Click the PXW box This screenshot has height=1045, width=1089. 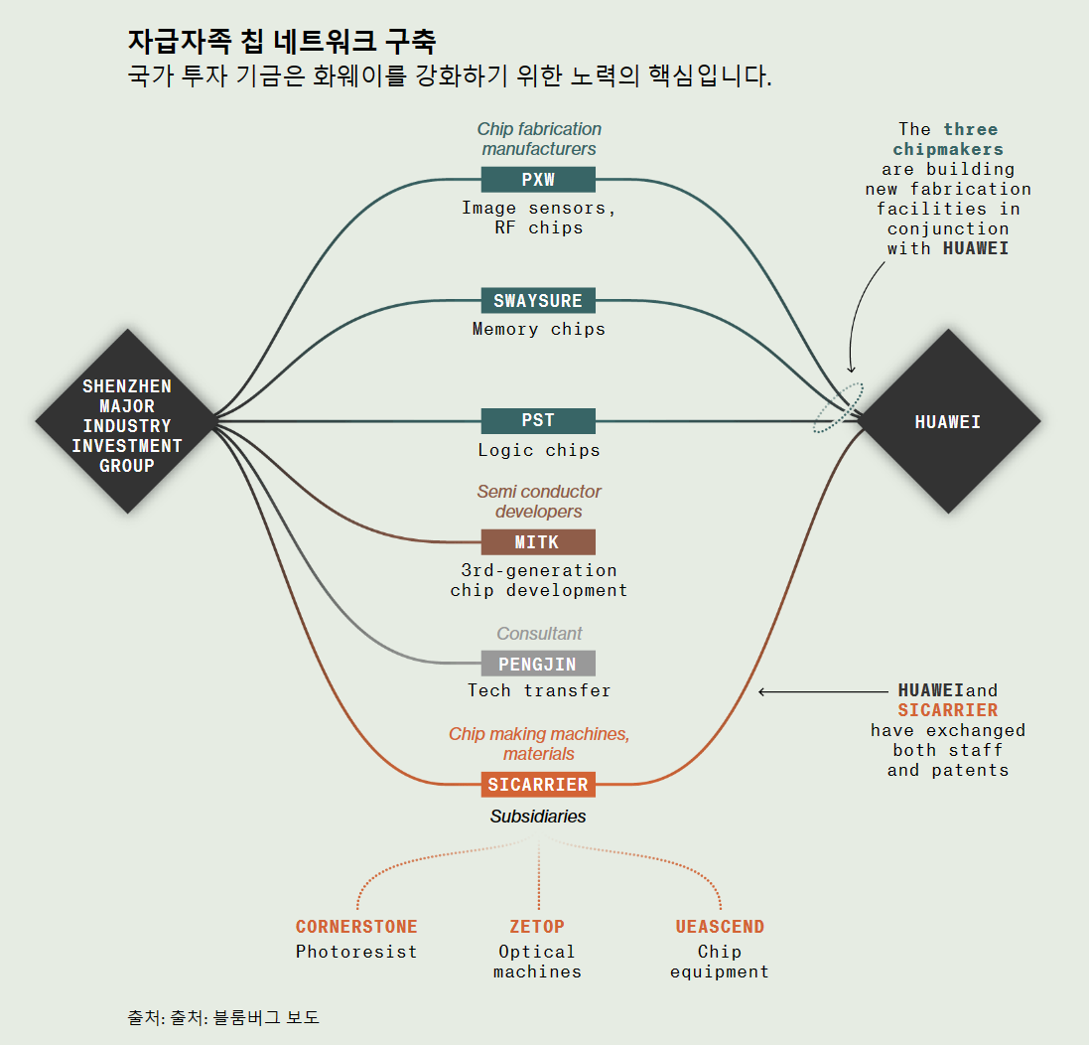click(x=538, y=180)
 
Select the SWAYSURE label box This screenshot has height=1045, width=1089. click(x=538, y=300)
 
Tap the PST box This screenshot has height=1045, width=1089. click(x=538, y=421)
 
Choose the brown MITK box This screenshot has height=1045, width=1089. click(x=538, y=542)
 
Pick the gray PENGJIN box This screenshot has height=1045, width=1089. click(x=538, y=664)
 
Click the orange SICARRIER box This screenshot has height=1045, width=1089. click(x=538, y=785)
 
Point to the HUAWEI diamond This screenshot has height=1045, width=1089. click(x=948, y=422)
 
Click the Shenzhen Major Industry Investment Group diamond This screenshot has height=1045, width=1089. click(x=127, y=422)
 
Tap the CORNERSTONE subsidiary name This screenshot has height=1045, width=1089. click(x=356, y=927)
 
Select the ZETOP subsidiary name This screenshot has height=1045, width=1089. click(x=537, y=927)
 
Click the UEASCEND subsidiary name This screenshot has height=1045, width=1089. click(x=720, y=927)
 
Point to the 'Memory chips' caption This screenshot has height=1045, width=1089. click(x=538, y=329)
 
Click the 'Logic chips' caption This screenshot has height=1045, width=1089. click(x=538, y=450)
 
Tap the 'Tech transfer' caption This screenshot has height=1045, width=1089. click(x=538, y=690)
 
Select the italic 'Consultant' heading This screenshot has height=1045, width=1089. click(x=539, y=634)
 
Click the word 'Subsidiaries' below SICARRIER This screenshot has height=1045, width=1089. click(x=538, y=817)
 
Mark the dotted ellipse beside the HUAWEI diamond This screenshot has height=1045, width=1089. click(x=838, y=407)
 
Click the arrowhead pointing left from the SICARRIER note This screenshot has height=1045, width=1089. click(x=762, y=691)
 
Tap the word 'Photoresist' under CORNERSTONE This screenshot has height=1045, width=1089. click(x=356, y=952)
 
